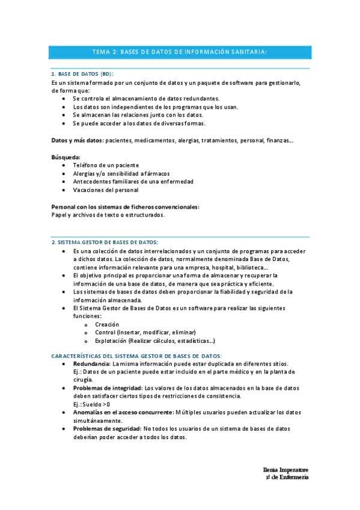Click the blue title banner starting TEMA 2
pos(180,52)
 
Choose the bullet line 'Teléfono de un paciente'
pos(106,165)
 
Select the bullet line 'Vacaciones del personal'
pos(105,190)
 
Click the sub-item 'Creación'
pos(107,324)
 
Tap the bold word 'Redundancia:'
pos(92,364)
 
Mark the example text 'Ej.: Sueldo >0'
pos(91,404)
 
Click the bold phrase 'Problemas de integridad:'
pos(108,389)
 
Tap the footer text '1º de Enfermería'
pos(287,477)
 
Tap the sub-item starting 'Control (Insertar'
pos(145,332)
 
